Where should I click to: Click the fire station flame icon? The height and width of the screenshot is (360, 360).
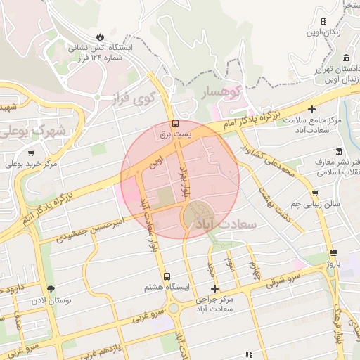click(x=100, y=36)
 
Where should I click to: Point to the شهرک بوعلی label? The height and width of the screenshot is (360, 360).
click(x=36, y=131)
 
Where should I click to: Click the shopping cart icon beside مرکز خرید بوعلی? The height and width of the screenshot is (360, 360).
click(x=30, y=153)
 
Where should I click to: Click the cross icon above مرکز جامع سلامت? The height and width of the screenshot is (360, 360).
click(x=311, y=109)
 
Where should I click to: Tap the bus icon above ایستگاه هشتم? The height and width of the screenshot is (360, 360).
click(x=167, y=276)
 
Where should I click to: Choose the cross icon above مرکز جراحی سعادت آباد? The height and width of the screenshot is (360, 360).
click(x=214, y=289)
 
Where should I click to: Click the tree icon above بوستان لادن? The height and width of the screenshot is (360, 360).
click(x=50, y=289)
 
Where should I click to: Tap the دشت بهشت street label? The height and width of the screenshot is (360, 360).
click(x=274, y=198)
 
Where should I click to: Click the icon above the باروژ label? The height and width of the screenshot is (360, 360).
click(x=333, y=253)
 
